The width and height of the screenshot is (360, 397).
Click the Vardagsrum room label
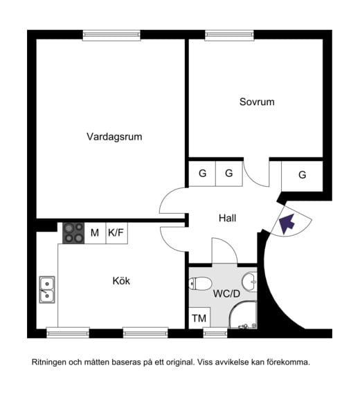[x=114, y=137]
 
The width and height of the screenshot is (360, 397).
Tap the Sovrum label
[x=257, y=102]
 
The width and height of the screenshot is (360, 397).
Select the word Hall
[x=227, y=218]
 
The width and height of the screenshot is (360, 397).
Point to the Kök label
[x=121, y=281]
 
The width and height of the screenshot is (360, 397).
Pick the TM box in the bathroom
[x=199, y=318]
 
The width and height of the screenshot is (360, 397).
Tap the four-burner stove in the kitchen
[x=73, y=233]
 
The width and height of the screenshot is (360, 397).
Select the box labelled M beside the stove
[x=94, y=233]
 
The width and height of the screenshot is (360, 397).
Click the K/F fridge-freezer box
[x=116, y=233]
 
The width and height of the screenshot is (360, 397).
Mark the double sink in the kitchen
[x=47, y=290]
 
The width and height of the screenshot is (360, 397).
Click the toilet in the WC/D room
[x=201, y=283]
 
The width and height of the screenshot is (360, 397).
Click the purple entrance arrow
[x=287, y=223]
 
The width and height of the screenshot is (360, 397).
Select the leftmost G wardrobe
[x=202, y=174]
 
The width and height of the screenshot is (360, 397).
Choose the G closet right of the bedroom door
[x=302, y=175]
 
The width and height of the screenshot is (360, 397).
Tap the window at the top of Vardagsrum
[x=111, y=34]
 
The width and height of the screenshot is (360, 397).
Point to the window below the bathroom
[x=215, y=333]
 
